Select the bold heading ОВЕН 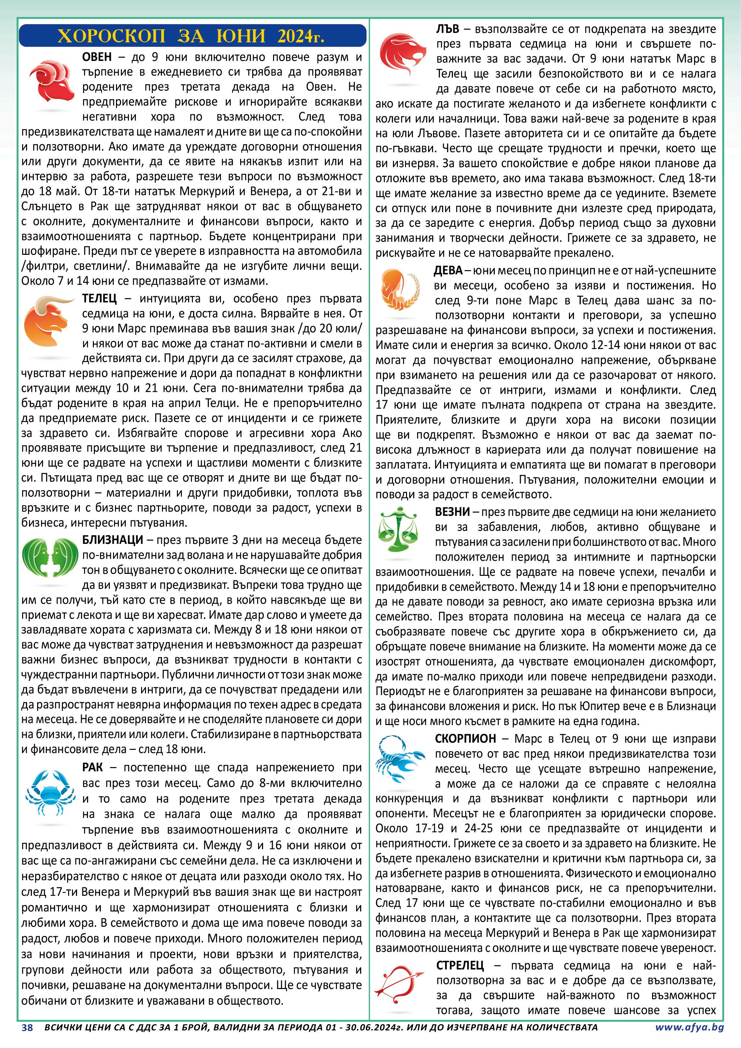[x=97, y=57]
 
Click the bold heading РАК [x=92, y=768]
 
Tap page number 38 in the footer [x=27, y=1027]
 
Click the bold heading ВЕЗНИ [x=452, y=512]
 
